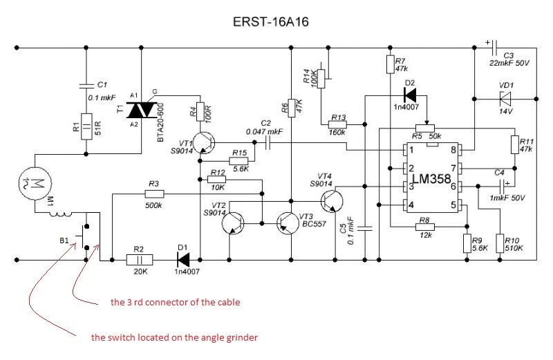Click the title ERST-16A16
[x=271, y=22]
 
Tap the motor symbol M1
[x=35, y=184]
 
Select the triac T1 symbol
[x=142, y=110]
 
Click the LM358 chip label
[x=431, y=179]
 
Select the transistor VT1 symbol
[x=204, y=143]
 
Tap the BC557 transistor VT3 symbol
[x=288, y=224]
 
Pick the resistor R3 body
[x=154, y=193]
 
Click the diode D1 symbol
[x=183, y=260]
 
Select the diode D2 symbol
[x=410, y=95]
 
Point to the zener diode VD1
[x=505, y=99]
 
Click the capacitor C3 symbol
[x=494, y=48]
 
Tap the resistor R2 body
[x=140, y=260]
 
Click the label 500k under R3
[x=153, y=205]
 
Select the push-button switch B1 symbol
[x=84, y=236]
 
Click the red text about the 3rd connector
[x=176, y=302]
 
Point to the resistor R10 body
[x=500, y=243]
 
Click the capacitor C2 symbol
[x=268, y=143]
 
